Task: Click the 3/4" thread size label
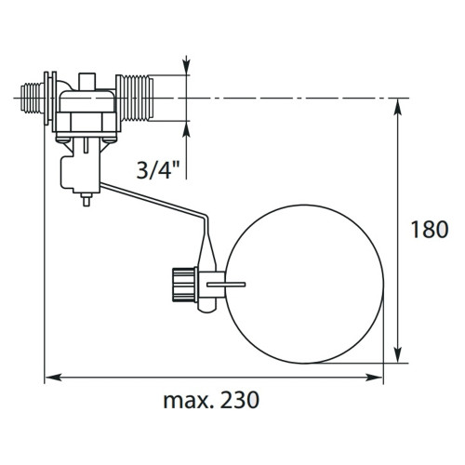tap(158, 169)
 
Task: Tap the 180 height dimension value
tap(430, 230)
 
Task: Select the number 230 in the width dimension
tap(239, 400)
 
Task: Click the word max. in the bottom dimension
tap(189, 402)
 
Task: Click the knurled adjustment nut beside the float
tap(185, 285)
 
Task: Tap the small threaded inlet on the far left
tap(32, 98)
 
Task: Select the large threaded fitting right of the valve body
tap(134, 98)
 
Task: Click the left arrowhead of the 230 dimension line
tap(53, 378)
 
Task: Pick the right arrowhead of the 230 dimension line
tap(375, 378)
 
